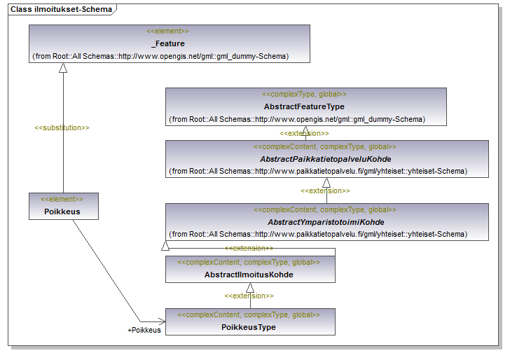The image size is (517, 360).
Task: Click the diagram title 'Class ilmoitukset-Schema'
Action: tap(60, 8)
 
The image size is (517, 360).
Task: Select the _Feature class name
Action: tap(168, 43)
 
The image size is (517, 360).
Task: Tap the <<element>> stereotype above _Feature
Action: tap(168, 32)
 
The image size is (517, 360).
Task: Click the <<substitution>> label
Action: tap(62, 128)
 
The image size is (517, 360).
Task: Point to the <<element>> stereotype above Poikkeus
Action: tap(62, 199)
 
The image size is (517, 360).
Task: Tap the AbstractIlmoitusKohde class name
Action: tap(249, 275)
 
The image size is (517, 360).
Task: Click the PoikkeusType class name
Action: tap(249, 327)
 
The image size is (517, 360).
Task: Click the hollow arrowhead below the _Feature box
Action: tap(63, 68)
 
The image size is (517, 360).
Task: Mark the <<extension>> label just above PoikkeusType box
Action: tap(249, 296)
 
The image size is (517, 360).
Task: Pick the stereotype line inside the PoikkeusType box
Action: tap(249, 315)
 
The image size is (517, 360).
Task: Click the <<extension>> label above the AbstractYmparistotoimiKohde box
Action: tap(325, 191)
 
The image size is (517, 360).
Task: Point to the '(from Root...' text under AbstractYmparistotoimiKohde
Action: tap(319, 234)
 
